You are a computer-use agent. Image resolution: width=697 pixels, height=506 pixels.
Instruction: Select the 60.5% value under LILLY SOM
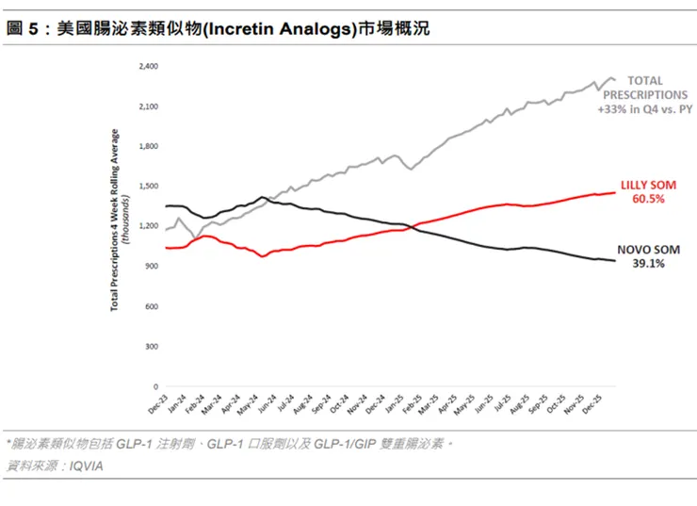click(648, 200)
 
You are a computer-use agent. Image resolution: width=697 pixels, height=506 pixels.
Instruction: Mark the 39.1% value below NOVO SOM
click(648, 265)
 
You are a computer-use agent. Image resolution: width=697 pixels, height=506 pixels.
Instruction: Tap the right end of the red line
click(614, 192)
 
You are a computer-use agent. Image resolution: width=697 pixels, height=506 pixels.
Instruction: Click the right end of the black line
click(614, 261)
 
